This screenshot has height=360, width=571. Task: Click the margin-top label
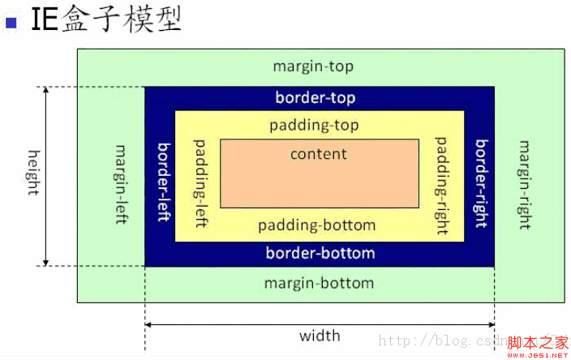(x=313, y=66)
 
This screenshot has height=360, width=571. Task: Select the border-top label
(x=315, y=98)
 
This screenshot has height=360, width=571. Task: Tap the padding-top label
(x=314, y=126)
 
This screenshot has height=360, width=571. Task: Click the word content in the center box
(x=319, y=153)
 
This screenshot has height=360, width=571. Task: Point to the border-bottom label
(x=320, y=253)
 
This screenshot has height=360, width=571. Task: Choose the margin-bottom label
(x=319, y=283)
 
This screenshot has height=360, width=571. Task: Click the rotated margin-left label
(x=122, y=184)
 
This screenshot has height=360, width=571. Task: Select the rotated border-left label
(x=163, y=177)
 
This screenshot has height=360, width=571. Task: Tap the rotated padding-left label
(x=200, y=182)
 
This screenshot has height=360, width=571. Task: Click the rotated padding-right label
(x=443, y=186)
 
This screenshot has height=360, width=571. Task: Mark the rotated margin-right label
(x=525, y=183)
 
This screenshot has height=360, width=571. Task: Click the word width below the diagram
(x=320, y=336)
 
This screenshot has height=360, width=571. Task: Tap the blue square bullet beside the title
(x=11, y=21)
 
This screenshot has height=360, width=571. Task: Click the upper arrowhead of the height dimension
(x=46, y=89)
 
